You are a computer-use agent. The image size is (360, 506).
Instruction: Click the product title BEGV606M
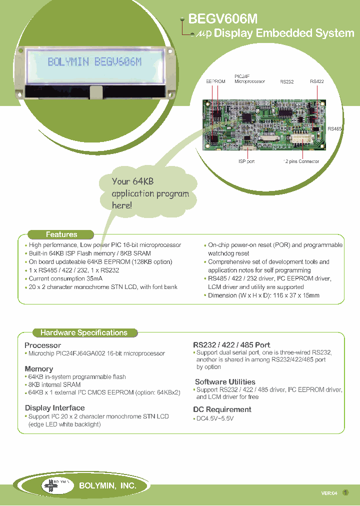(x=222, y=19)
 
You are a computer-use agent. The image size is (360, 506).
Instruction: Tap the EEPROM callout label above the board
(x=215, y=81)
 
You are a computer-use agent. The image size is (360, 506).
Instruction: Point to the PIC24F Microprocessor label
(x=249, y=79)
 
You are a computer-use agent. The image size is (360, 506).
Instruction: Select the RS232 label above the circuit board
(x=287, y=81)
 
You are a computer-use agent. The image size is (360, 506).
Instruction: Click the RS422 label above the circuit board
(x=317, y=81)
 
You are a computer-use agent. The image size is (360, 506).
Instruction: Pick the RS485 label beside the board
(x=334, y=128)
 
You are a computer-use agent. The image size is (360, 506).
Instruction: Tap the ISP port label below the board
(x=246, y=161)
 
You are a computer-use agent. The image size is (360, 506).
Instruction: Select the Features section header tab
(x=61, y=234)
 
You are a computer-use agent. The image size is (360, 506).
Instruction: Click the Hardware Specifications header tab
(x=83, y=332)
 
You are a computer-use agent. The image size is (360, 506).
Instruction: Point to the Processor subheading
(x=42, y=345)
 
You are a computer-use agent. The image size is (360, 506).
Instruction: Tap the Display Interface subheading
(x=54, y=408)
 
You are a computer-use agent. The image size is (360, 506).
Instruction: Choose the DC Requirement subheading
(x=222, y=409)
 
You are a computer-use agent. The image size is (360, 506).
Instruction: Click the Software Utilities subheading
(x=225, y=382)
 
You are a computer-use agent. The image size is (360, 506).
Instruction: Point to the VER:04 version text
(x=329, y=493)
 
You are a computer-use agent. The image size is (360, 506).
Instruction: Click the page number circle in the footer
(x=345, y=492)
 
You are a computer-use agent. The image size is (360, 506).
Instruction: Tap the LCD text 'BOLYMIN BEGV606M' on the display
(x=94, y=62)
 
